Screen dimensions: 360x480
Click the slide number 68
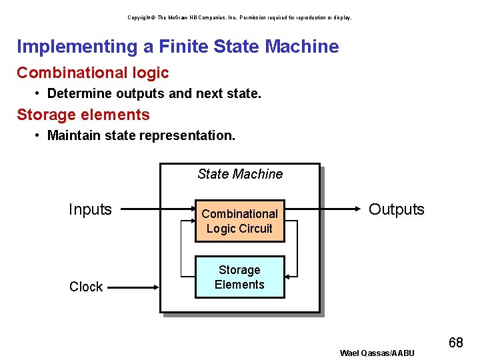456,343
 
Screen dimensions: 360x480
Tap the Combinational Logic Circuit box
239,221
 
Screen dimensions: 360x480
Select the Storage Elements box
239,277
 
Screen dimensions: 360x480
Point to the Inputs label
90,209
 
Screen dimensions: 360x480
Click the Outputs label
397,209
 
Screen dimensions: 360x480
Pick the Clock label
86,287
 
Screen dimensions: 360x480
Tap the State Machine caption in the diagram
240,174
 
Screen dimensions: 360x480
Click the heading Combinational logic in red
93,73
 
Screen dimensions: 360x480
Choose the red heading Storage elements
83,115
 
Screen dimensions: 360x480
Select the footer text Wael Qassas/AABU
377,353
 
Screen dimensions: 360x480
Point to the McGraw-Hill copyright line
239,17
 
